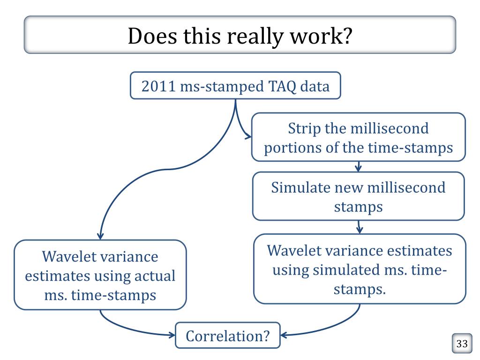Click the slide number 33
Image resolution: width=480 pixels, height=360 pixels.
[462, 344]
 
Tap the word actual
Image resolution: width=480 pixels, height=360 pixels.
[154, 276]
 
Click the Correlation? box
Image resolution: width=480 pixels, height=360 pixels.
[227, 335]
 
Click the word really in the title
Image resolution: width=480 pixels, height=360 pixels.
[255, 37]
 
